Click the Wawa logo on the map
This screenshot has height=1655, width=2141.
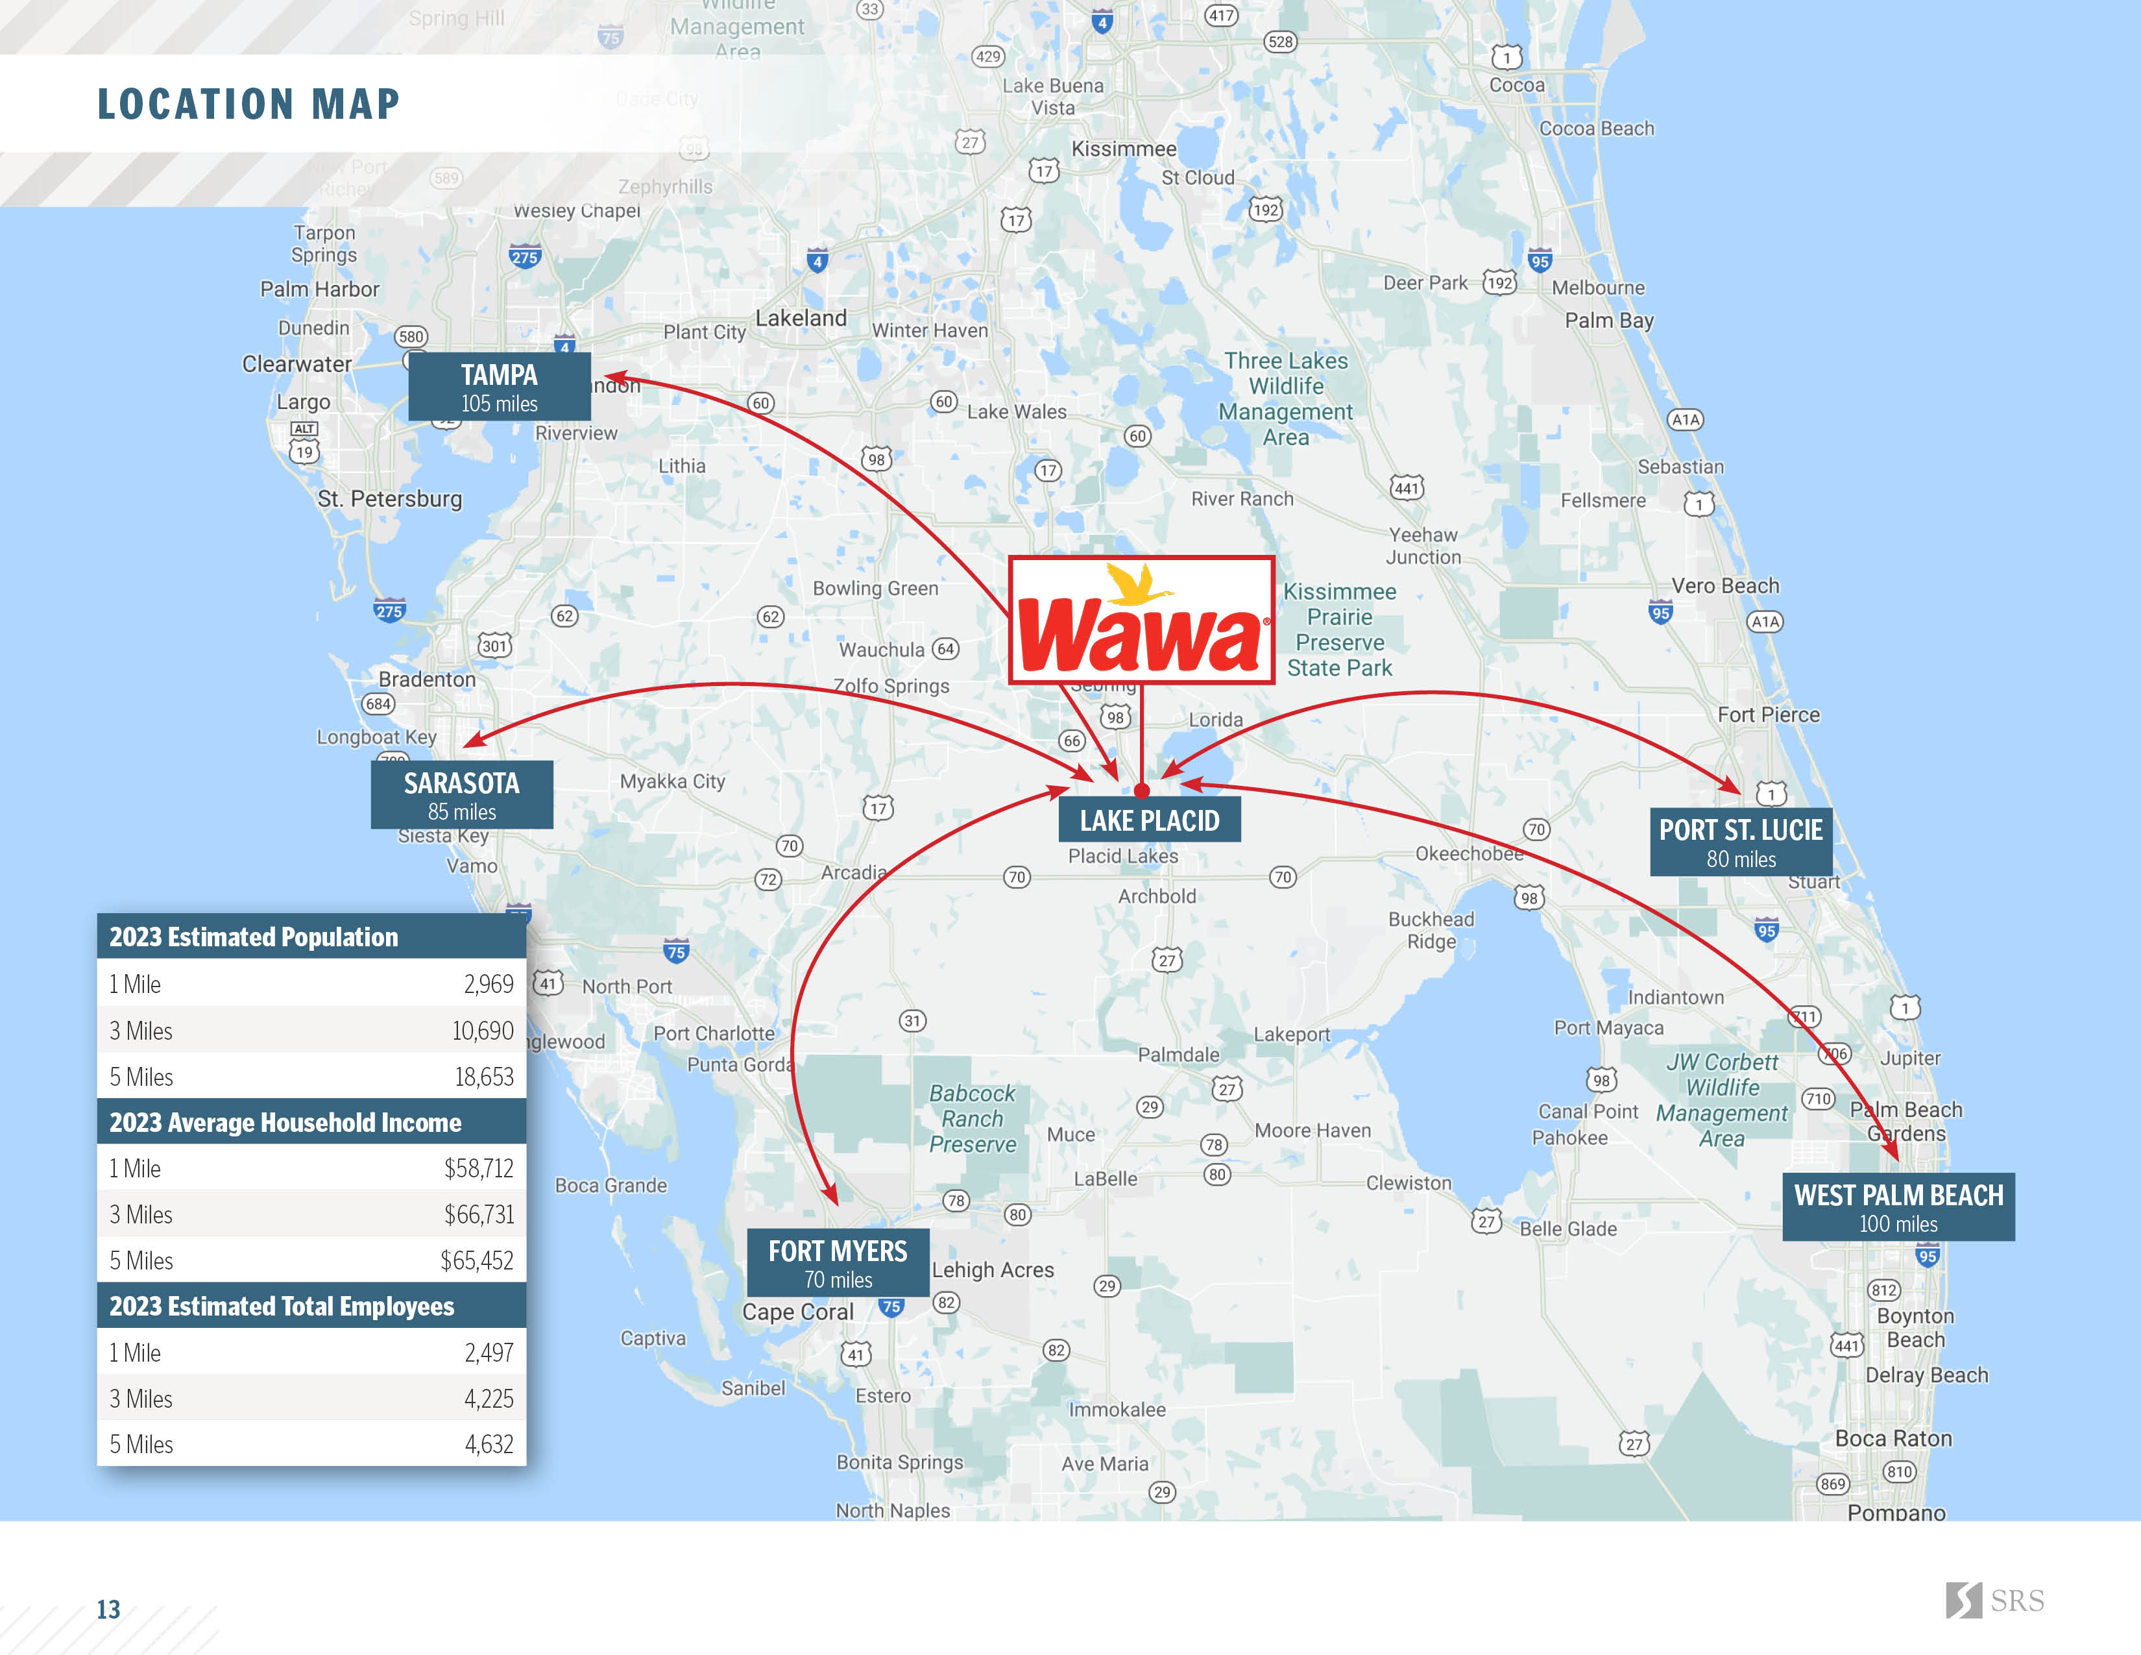click(1141, 620)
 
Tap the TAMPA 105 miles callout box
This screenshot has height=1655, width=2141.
click(499, 387)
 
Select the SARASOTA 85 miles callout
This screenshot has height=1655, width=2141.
click(462, 795)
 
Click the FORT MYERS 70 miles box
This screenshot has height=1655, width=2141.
click(838, 1263)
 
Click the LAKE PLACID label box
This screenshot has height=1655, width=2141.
click(1149, 820)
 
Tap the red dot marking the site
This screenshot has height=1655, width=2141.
click(1141, 791)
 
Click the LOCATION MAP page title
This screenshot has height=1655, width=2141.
click(249, 104)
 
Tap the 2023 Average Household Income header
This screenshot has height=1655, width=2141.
click(285, 1123)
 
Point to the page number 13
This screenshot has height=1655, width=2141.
click(108, 1609)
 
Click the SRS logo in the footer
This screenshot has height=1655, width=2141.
click(1995, 1600)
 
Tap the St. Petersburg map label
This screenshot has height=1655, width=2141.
click(389, 499)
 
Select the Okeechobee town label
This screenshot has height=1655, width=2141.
click(1468, 854)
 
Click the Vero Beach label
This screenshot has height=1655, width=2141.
click(1724, 585)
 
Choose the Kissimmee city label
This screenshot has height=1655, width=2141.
click(1124, 149)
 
